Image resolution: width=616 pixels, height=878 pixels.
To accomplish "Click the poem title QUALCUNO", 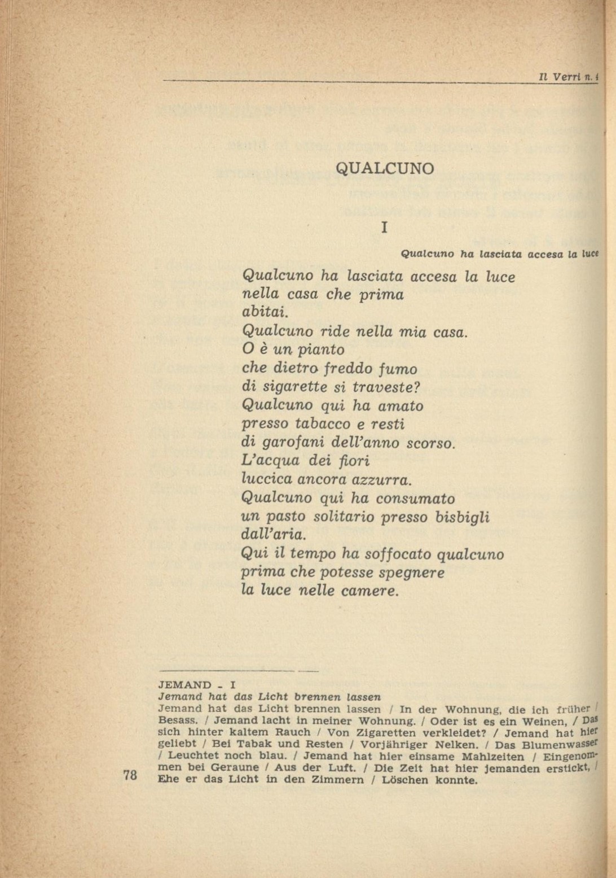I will [x=385, y=168].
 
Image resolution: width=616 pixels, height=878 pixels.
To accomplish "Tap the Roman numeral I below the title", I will [x=384, y=228].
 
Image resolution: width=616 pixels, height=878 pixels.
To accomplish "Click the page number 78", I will [x=130, y=775].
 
